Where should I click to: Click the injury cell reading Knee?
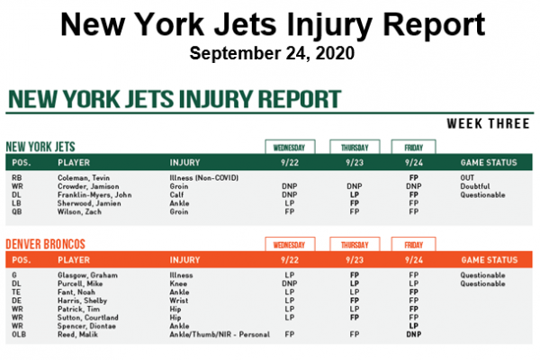point(178,283)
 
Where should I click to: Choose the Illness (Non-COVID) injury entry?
point(203,178)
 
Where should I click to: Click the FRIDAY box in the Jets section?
point(413,146)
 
